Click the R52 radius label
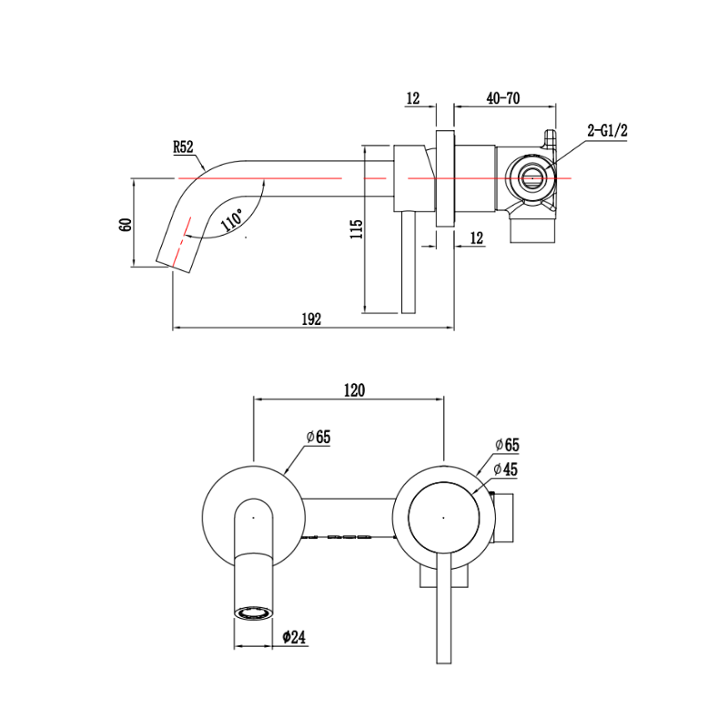183,147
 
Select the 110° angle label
232,219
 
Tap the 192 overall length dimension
311,319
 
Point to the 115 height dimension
357,229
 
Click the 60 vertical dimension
126,224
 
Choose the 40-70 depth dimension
503,98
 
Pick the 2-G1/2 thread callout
607,130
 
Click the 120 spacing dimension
354,390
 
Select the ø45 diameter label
506,470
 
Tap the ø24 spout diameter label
294,637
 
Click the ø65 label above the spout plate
318,437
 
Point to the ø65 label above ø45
507,445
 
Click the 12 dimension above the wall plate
413,98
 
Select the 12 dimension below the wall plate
477,238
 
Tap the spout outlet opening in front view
253,612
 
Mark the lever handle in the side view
409,262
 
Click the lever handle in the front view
444,608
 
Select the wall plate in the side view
445,178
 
